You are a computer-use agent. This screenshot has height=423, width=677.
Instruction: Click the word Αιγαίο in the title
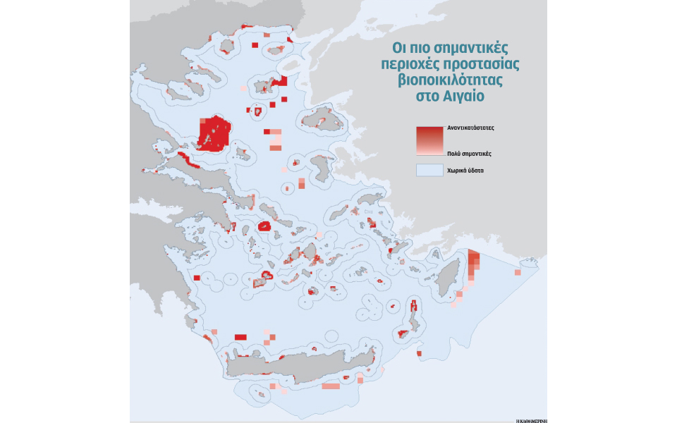point(464,95)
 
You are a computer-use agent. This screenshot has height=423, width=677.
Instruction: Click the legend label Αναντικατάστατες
point(470,129)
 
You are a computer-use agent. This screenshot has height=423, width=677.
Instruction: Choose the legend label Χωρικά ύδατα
point(465,171)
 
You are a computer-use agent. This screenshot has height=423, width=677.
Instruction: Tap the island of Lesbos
point(322,118)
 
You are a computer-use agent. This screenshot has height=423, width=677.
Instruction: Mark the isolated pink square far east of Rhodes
point(518,271)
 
